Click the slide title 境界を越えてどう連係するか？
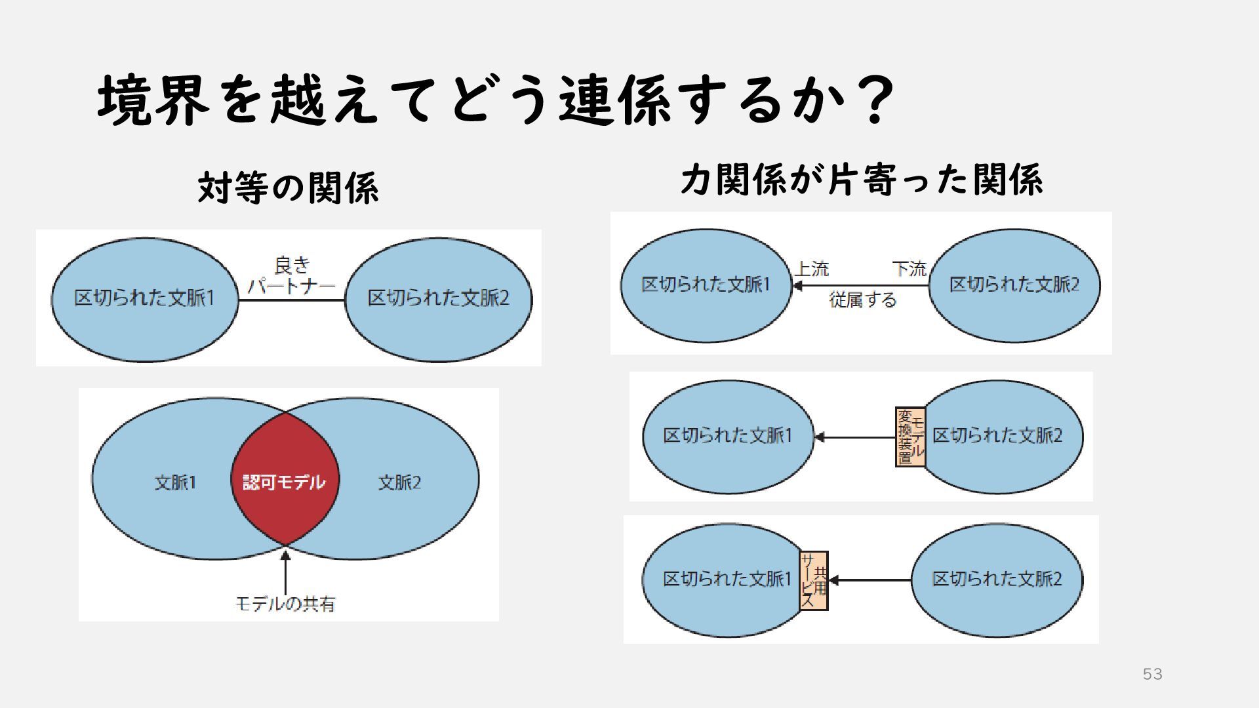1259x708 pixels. pyautogui.click(x=496, y=100)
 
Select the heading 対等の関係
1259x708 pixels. pyautogui.click(x=289, y=188)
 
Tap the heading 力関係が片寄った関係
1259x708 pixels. pyautogui.click(x=861, y=180)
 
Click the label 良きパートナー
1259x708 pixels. pyautogui.click(x=291, y=276)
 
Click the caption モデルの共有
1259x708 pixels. pyautogui.click(x=285, y=603)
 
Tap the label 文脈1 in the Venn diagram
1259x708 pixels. pyautogui.click(x=175, y=483)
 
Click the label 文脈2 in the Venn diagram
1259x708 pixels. pyautogui.click(x=399, y=483)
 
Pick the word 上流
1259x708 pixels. pyautogui.click(x=812, y=269)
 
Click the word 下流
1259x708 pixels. pyautogui.click(x=909, y=269)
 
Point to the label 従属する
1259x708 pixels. pyautogui.click(x=862, y=300)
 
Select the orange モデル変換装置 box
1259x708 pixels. pyautogui.click(x=910, y=437)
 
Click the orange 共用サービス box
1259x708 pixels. pyautogui.click(x=813, y=581)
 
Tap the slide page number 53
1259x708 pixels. pyautogui.click(x=1152, y=674)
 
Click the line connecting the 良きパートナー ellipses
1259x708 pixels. pyautogui.click(x=291, y=300)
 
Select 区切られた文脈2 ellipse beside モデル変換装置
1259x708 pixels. pyautogui.click(x=1010, y=459)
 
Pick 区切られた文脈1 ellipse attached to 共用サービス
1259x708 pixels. pyautogui.click(x=721, y=603)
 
